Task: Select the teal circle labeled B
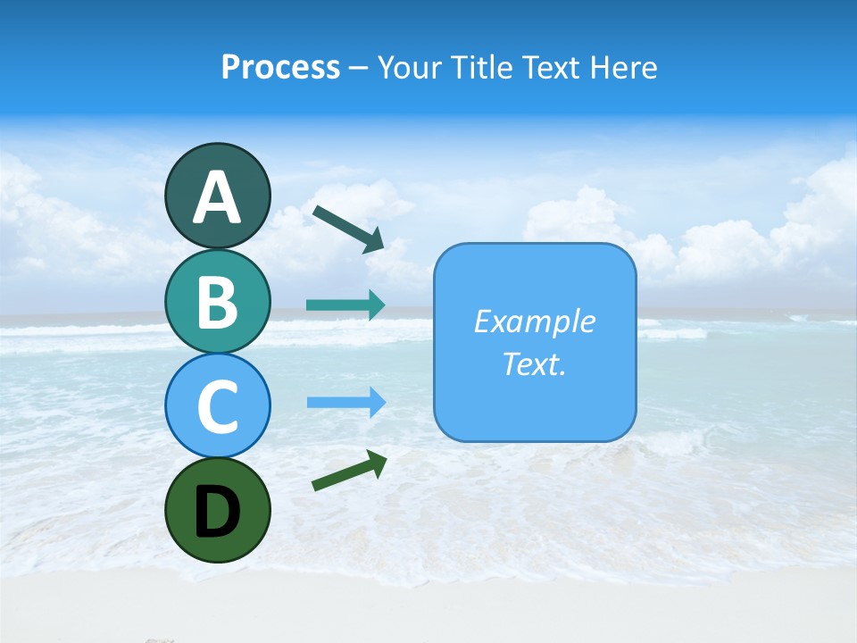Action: pos(217,301)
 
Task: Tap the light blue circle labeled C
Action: pos(217,405)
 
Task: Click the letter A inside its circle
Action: pos(217,197)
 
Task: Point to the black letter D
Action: pos(217,512)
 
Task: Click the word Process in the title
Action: pos(280,67)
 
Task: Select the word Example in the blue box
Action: pos(534,321)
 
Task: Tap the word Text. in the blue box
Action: pos(534,363)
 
